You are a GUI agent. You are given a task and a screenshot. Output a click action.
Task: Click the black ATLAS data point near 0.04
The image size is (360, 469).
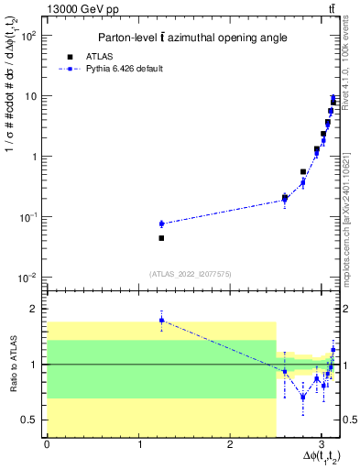(161, 238)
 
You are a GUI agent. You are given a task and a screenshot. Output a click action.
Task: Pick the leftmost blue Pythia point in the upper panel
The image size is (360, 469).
(161, 224)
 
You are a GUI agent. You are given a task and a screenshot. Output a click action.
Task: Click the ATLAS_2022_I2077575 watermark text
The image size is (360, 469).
(190, 273)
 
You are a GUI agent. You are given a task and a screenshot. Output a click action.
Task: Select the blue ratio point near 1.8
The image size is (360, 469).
(161, 320)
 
